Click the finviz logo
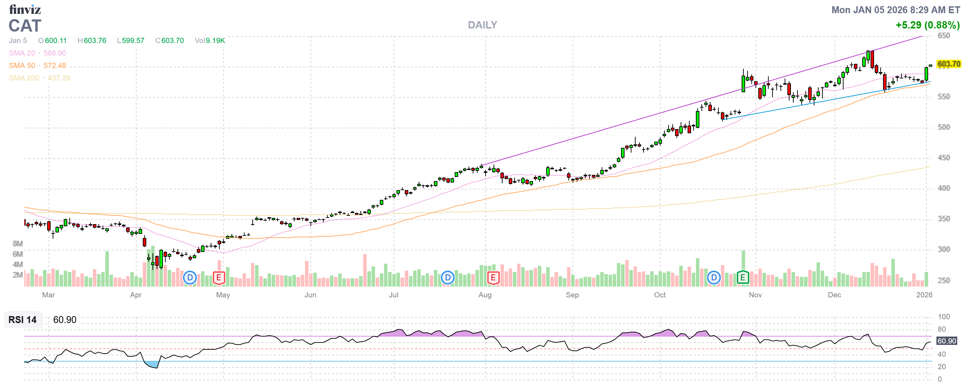tap(25, 9)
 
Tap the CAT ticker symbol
tap(25, 26)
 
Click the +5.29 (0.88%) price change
tap(927, 25)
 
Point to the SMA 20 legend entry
tap(37, 53)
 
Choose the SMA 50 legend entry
tap(37, 66)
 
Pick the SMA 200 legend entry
tap(40, 78)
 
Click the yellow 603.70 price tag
tap(948, 64)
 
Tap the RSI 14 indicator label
tap(23, 320)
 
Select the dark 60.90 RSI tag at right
tap(946, 341)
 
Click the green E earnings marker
tap(742, 278)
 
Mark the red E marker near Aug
tap(493, 278)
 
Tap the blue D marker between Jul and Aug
tap(447, 278)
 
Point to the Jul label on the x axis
tap(393, 295)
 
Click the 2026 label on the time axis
tap(924, 295)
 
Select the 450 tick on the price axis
tap(943, 158)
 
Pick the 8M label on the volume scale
tap(18, 244)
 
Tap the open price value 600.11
tap(56, 41)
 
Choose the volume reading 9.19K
tap(215, 41)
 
